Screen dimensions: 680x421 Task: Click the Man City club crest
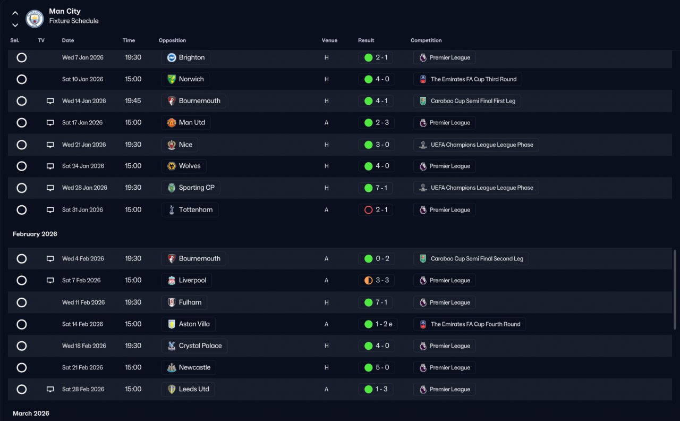pos(35,19)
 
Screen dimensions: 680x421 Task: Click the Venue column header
pos(329,40)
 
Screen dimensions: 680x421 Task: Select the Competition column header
pos(426,40)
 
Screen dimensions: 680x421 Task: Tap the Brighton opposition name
pos(192,57)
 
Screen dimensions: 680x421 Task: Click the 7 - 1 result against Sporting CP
pos(381,188)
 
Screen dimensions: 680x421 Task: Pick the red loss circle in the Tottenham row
pos(368,210)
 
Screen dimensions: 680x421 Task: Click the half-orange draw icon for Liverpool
pos(368,280)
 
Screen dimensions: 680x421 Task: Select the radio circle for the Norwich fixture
pos(22,79)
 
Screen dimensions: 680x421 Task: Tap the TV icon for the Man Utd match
pos(50,123)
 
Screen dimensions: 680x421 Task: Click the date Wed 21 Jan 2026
pos(84,145)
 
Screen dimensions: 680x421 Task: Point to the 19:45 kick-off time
pos(133,101)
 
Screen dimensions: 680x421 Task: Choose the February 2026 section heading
pos(35,234)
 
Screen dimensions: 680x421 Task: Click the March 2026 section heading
pos(31,414)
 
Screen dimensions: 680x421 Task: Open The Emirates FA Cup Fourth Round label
pos(475,324)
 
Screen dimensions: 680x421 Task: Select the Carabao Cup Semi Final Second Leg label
pos(477,259)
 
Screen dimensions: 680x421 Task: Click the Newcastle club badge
pos(172,368)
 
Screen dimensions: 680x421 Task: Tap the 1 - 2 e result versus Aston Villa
pos(384,324)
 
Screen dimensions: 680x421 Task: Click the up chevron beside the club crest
pos(15,13)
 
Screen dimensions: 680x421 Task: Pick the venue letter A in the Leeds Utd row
pos(326,390)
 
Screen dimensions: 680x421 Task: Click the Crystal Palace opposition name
pos(200,346)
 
